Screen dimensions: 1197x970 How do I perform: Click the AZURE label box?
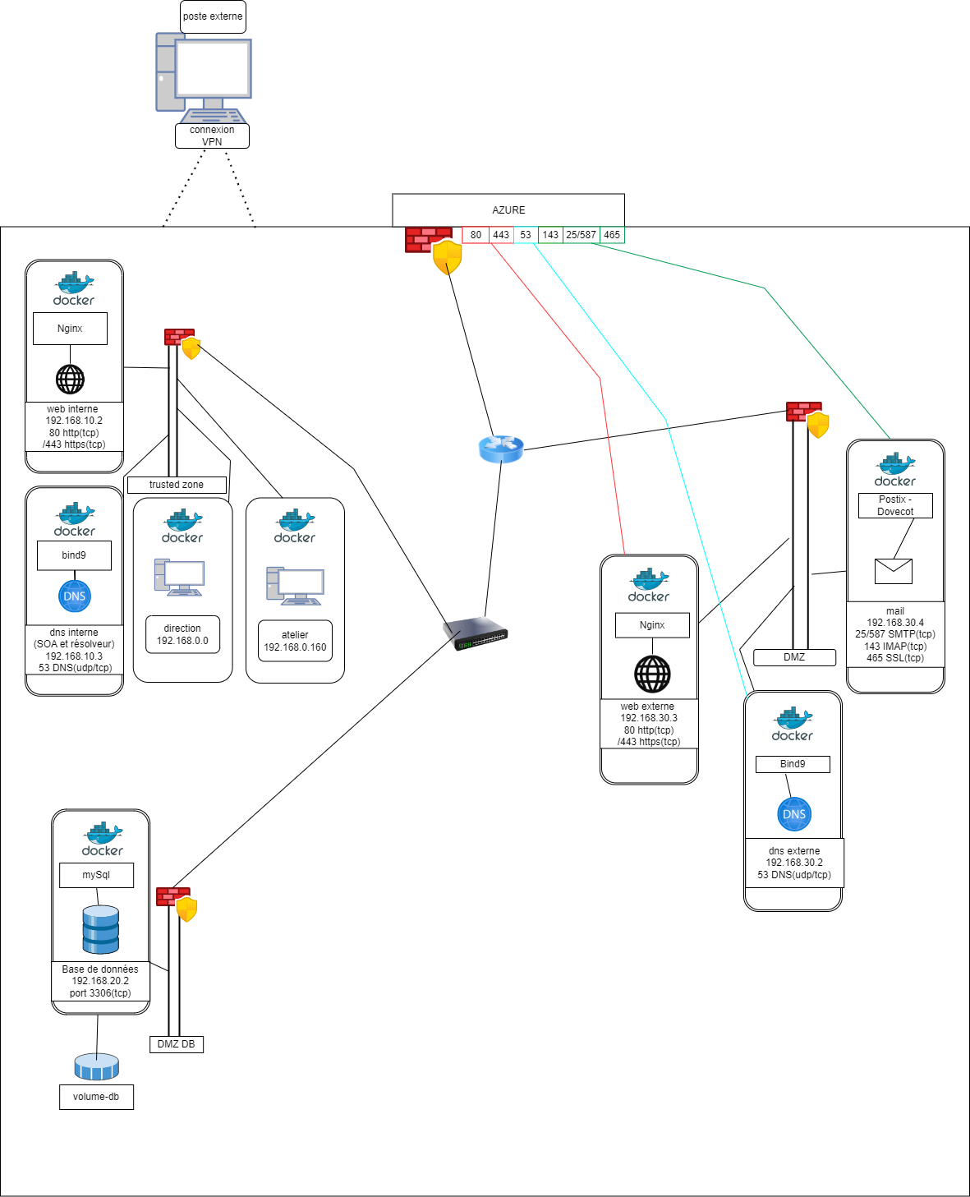click(x=508, y=210)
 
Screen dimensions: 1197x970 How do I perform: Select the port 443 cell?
click(x=501, y=235)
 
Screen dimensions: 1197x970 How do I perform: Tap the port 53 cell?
click(x=526, y=235)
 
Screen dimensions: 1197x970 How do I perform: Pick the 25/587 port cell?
click(x=581, y=235)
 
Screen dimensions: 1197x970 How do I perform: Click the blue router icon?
click(x=501, y=449)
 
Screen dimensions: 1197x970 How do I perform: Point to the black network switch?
click(x=476, y=633)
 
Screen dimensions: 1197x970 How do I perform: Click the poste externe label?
click(x=213, y=16)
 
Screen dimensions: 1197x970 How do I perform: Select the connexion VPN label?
click(x=212, y=136)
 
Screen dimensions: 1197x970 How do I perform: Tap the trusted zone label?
click(x=177, y=485)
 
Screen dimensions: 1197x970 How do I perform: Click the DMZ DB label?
click(x=177, y=1044)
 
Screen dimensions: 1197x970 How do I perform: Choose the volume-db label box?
click(x=96, y=1097)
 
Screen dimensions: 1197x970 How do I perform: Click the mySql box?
click(x=96, y=875)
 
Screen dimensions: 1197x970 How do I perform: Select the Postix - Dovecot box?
click(x=895, y=505)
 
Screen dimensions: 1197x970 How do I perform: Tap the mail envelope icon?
click(x=894, y=571)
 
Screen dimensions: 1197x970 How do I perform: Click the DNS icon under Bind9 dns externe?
click(x=794, y=814)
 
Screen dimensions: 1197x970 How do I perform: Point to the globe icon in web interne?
click(x=71, y=380)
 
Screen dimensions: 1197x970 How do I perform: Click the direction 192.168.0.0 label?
click(x=182, y=634)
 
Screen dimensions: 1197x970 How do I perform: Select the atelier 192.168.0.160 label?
click(x=295, y=641)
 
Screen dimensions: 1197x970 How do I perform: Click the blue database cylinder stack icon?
click(x=101, y=929)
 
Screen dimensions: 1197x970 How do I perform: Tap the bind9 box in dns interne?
click(x=74, y=555)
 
